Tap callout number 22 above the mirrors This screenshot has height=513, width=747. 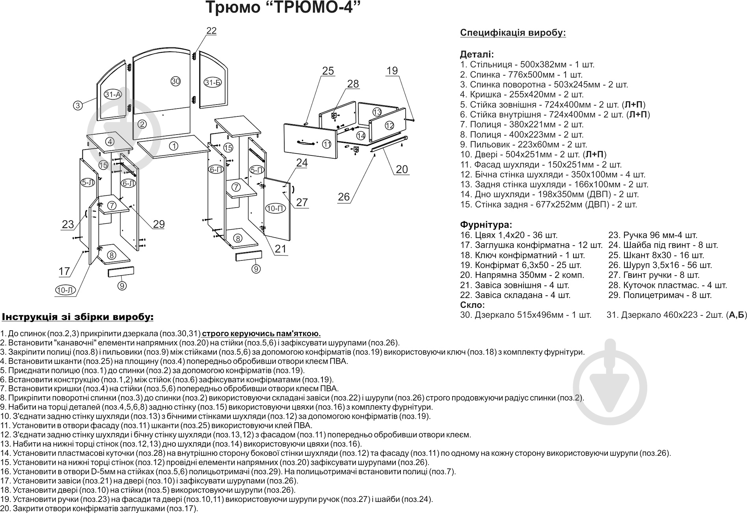point(212,31)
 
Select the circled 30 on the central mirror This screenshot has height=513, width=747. point(175,81)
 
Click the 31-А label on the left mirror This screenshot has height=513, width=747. point(113,95)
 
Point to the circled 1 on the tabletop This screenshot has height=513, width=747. point(173,146)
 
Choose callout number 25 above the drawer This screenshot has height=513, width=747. point(328,71)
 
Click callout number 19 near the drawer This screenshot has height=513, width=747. point(392,71)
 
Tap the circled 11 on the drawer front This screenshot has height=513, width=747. point(327,144)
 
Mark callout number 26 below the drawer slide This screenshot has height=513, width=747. point(344,197)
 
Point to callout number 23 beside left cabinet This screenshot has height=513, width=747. point(68,225)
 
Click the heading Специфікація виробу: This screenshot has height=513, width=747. point(513,33)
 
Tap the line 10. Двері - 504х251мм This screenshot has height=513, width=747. point(533,155)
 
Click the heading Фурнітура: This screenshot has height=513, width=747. point(486,225)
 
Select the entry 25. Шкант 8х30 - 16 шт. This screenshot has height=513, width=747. point(656,255)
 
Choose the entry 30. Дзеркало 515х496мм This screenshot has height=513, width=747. point(525,315)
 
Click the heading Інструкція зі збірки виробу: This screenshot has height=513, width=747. point(78,317)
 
